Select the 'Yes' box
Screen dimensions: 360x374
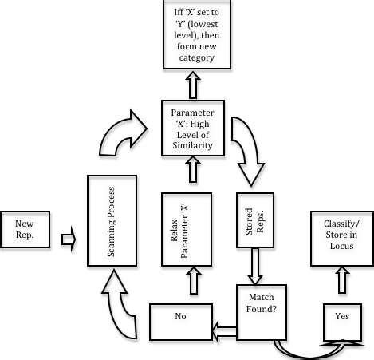click(341, 318)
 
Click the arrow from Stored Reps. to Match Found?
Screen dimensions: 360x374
click(255, 267)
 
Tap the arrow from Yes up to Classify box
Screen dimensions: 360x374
click(342, 280)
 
